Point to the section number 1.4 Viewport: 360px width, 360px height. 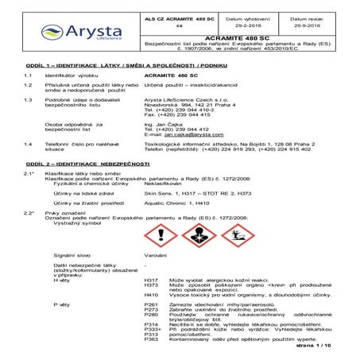(x=28, y=144)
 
